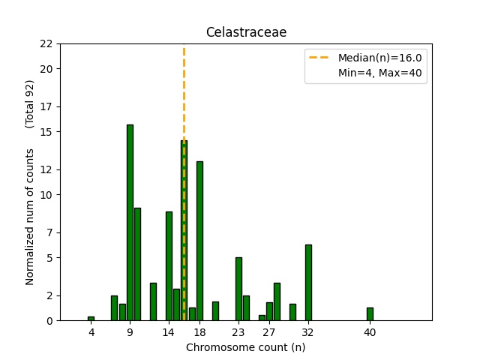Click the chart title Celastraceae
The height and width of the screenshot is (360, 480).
pos(246,32)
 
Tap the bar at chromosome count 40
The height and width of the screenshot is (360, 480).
pos(370,314)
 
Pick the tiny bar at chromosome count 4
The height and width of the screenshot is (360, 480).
pos(91,318)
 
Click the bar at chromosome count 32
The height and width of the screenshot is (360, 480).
pos(308,283)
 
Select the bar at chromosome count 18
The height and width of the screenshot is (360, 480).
pos(199,241)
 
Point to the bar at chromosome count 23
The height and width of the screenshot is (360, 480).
pos(238,289)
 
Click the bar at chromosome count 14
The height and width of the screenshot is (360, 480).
pos(169,266)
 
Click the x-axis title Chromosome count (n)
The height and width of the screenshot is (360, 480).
pos(246,347)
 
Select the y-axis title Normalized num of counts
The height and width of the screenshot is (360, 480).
pos(31,216)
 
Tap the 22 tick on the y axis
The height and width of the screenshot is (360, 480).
pos(46,43)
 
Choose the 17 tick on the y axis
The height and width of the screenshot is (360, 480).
pos(46,106)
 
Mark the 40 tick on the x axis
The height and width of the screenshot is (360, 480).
pos(370,331)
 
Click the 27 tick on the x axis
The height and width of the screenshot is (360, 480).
pos(269,331)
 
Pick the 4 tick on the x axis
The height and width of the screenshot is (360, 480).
pos(91,331)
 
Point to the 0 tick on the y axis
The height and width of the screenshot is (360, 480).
pos(49,321)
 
